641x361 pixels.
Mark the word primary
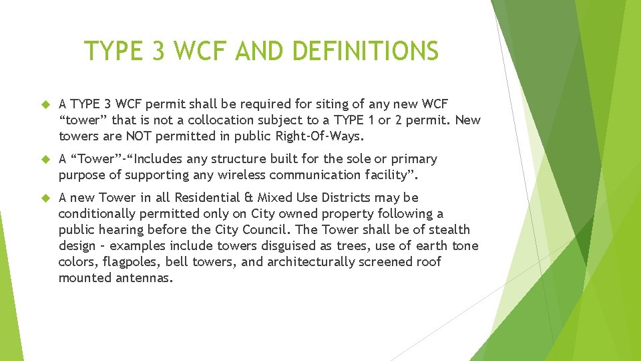(x=413, y=159)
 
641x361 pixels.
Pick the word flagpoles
(x=128, y=262)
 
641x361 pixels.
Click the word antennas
(x=143, y=278)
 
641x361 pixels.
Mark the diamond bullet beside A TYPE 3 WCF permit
(x=46, y=105)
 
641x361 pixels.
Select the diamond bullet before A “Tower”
(x=46, y=160)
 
